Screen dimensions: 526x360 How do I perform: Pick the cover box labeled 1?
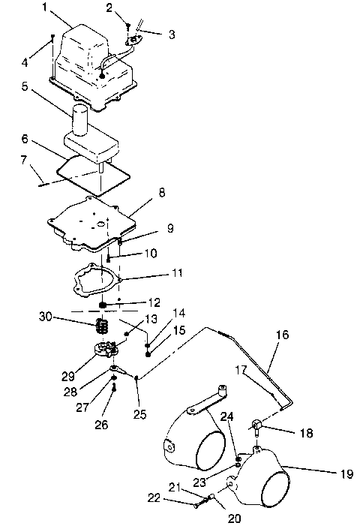[x=82, y=53]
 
